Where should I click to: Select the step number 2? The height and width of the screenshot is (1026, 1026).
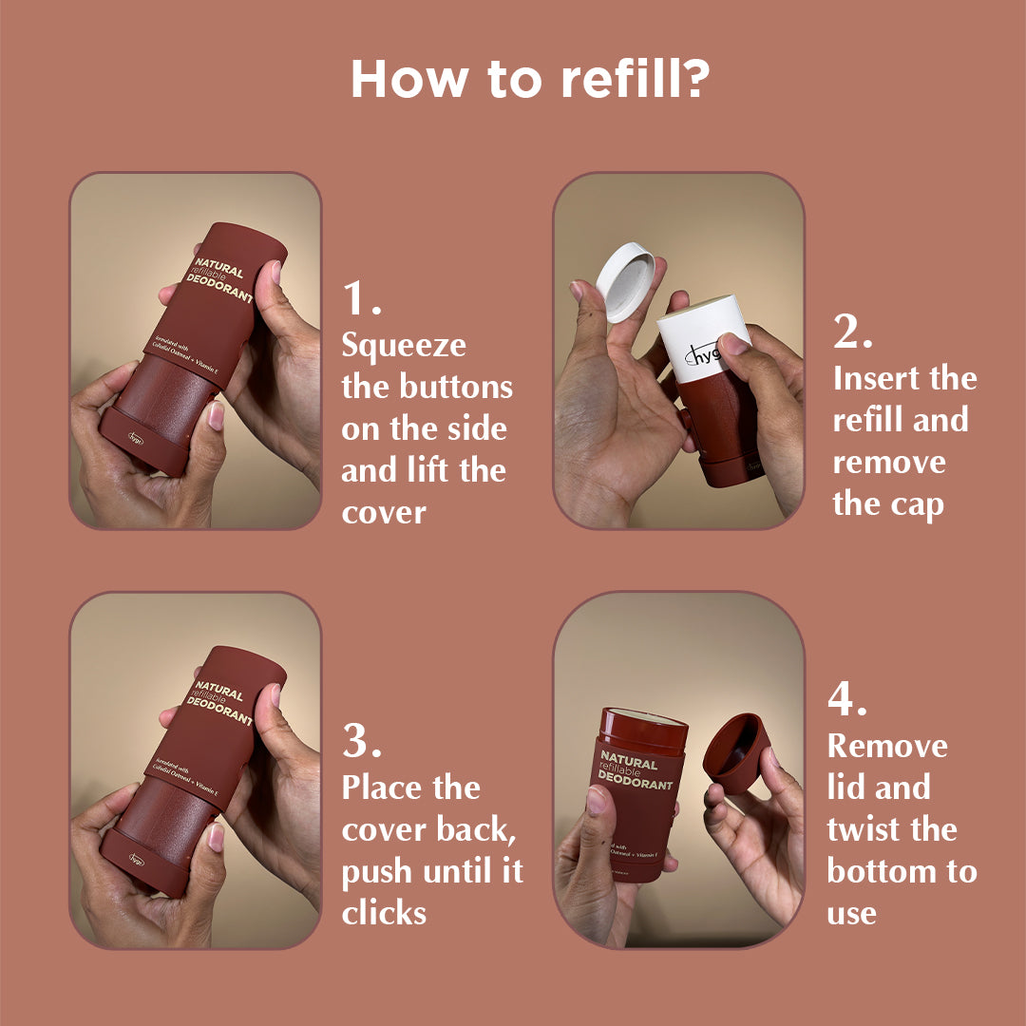[x=853, y=332]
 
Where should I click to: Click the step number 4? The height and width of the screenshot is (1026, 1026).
[x=847, y=700]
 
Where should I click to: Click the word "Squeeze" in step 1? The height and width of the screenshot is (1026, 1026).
[x=404, y=346]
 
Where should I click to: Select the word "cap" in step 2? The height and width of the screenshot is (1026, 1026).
[x=920, y=503]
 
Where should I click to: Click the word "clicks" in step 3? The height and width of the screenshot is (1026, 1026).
[x=385, y=913]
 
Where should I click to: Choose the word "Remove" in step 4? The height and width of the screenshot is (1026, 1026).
[x=887, y=746]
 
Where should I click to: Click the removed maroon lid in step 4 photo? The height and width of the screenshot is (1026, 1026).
[x=738, y=751]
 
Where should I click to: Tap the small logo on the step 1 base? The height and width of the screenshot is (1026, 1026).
[x=139, y=439]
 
